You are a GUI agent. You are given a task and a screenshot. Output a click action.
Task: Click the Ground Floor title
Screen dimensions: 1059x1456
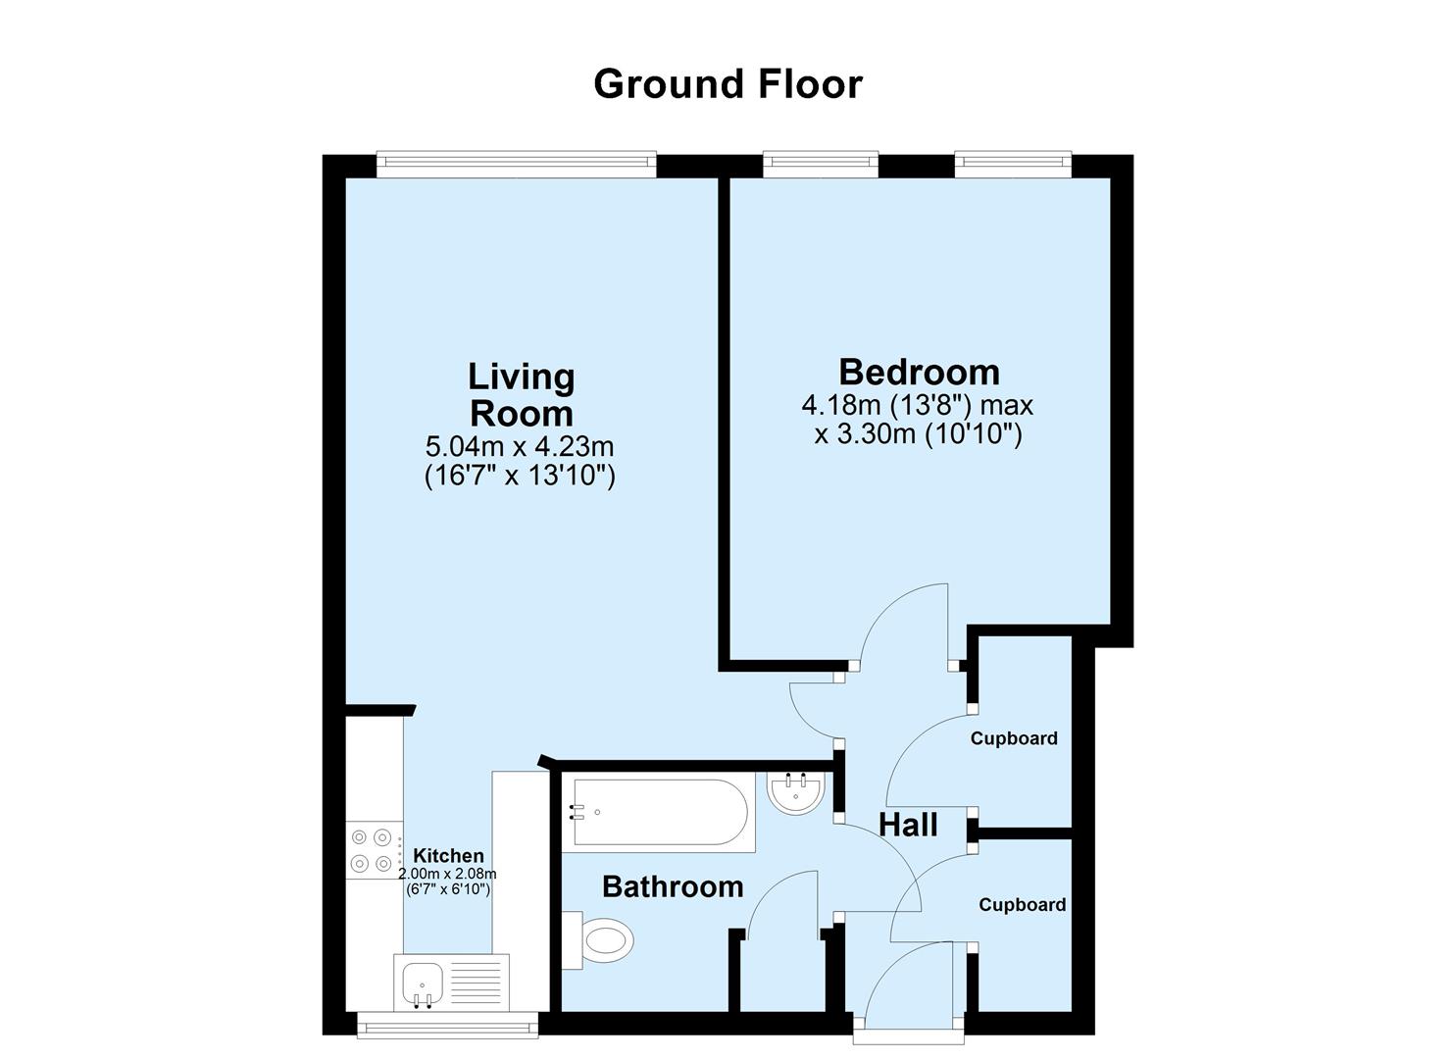[x=728, y=84]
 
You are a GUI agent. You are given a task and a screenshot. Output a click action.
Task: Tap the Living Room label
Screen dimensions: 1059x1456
[x=521, y=394]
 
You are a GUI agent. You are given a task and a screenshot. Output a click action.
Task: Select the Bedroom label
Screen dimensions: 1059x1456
[x=919, y=373]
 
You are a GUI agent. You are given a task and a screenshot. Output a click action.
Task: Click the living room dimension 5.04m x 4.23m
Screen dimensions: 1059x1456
[x=519, y=447]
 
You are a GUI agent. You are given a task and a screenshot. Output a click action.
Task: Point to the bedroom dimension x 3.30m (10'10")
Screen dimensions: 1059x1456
[x=918, y=433]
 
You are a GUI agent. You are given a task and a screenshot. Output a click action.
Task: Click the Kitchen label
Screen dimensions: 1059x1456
[x=448, y=856]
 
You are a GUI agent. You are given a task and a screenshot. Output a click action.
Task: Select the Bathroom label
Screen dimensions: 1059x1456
[x=673, y=887]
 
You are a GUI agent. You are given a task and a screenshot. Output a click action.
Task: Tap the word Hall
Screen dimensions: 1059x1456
[x=908, y=826]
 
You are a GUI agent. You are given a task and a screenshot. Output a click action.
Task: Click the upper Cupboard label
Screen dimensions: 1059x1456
[x=1014, y=738]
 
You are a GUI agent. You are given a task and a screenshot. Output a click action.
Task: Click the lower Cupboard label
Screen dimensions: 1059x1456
[x=1022, y=905]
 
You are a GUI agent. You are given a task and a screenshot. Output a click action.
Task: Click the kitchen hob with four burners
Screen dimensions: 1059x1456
[x=374, y=850]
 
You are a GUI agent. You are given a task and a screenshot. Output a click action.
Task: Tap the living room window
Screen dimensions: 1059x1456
[x=517, y=164]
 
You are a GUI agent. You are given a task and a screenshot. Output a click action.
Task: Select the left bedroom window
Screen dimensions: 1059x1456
[x=821, y=164]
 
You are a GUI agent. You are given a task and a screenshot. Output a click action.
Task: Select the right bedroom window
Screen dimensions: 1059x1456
[x=1013, y=164]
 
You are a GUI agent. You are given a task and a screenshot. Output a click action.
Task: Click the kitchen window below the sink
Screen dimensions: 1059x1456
[x=447, y=1026]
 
